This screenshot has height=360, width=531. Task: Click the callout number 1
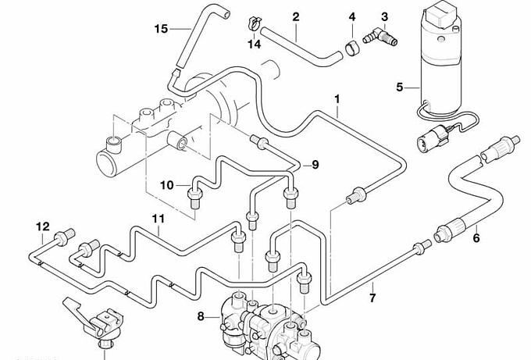(337, 99)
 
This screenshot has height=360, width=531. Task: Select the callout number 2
(296, 16)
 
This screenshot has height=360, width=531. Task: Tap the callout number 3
(384, 16)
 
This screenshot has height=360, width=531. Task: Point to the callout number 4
(352, 16)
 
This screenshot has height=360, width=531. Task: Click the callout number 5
(400, 87)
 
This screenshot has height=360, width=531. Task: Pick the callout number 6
(476, 238)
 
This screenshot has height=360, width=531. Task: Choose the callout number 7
(372, 298)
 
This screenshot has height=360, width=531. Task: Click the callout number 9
(315, 164)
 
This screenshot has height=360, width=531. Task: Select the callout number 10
(168, 185)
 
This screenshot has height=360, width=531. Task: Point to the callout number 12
(41, 226)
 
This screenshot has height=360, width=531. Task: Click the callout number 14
(255, 45)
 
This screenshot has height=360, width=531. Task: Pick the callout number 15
(161, 29)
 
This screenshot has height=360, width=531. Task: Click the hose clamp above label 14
(255, 21)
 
